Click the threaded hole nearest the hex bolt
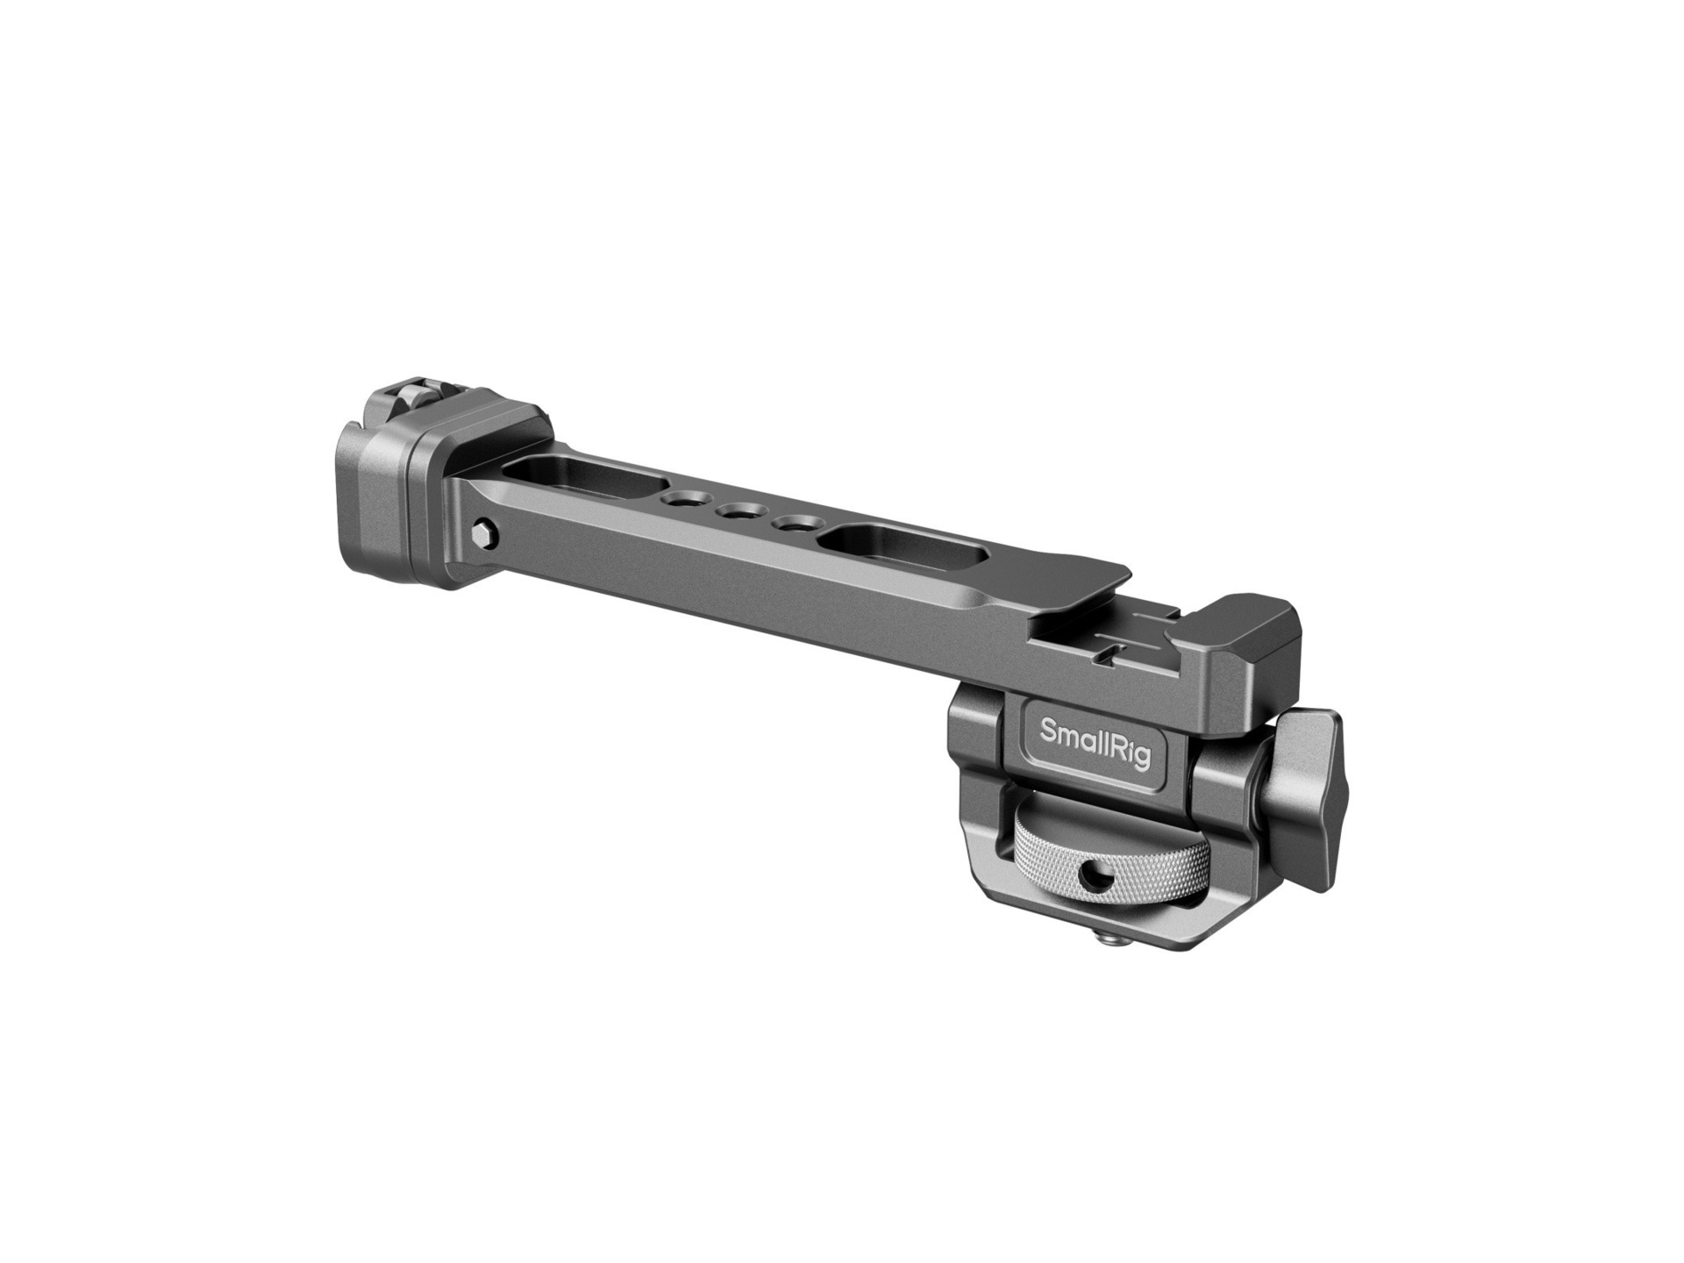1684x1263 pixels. coord(678,501)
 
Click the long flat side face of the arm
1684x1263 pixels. coord(746,596)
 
